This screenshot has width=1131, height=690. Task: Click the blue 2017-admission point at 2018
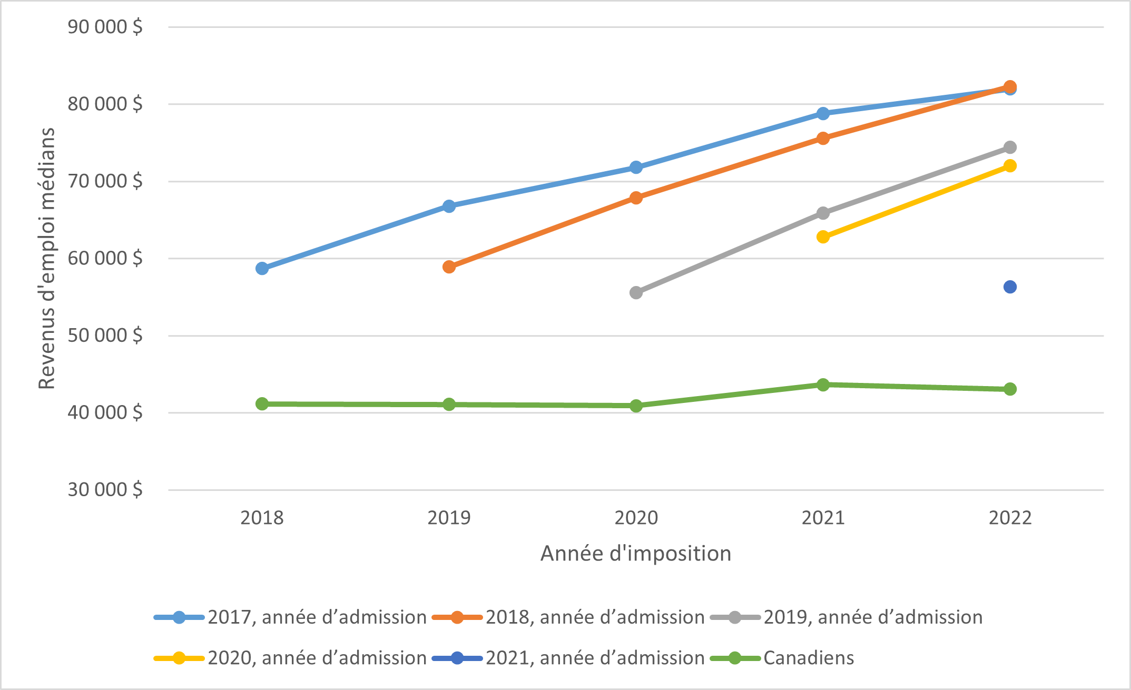pos(262,268)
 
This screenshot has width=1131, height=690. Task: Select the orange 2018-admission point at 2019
pos(449,267)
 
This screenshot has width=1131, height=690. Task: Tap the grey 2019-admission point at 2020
pos(636,292)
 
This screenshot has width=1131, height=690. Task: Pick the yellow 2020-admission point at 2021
pos(823,236)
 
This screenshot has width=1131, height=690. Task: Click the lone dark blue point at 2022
pos(1010,287)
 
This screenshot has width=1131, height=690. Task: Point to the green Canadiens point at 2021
pos(823,385)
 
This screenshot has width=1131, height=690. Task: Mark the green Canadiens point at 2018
pos(262,403)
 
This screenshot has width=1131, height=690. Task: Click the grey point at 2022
pos(1010,147)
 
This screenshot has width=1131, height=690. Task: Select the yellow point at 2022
pos(1010,165)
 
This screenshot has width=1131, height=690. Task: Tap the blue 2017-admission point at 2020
pos(636,167)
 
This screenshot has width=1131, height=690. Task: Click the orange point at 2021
pos(823,138)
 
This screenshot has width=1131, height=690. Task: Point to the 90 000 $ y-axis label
pos(105,26)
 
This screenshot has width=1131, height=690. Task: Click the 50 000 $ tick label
pos(105,335)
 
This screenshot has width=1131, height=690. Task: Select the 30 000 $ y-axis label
pos(105,489)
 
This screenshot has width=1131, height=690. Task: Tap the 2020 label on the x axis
pos(636,518)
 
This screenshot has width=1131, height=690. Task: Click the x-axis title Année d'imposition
pos(636,554)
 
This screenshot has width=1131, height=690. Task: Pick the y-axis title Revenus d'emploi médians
pos(47,258)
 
